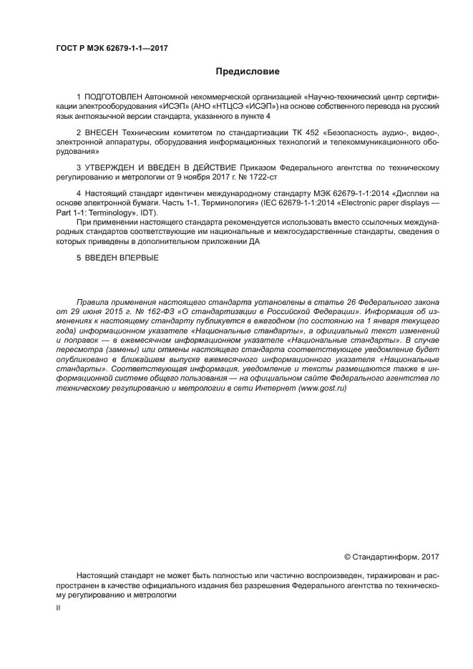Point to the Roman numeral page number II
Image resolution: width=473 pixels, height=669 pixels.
[x=58, y=607]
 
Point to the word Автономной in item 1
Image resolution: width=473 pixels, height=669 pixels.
[x=174, y=97]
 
